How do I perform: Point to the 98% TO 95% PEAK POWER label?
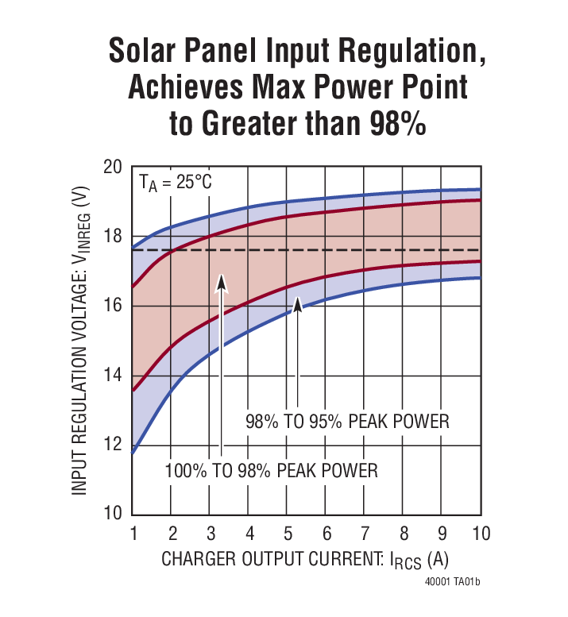[347, 421]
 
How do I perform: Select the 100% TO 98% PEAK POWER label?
[271, 470]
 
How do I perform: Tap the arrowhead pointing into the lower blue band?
[297, 304]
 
